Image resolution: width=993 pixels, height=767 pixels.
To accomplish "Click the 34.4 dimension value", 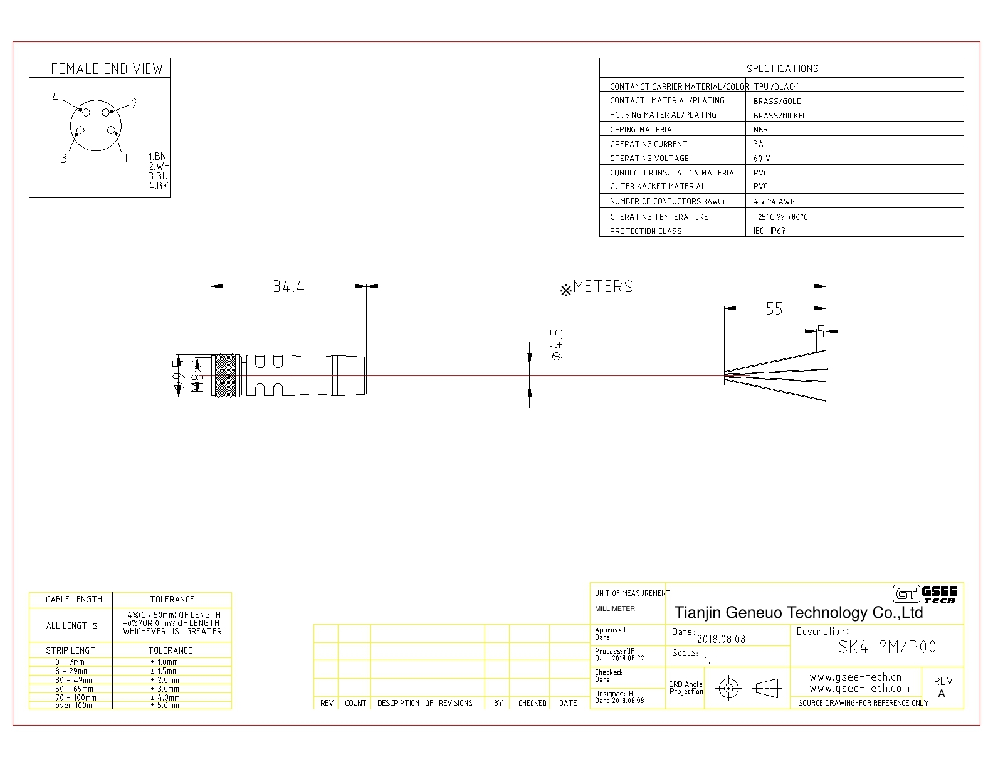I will pyautogui.click(x=288, y=287).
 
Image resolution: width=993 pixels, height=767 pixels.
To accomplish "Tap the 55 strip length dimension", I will pyautogui.click(x=775, y=308).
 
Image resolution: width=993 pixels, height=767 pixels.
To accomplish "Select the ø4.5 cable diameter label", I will pyautogui.click(x=556, y=343).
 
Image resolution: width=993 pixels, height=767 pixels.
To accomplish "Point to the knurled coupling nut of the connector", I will pyautogui.click(x=226, y=375).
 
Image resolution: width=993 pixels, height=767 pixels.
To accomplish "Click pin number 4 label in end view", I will pyautogui.click(x=55, y=97).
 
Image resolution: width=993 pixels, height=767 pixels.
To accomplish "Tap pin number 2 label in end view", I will pyautogui.click(x=134, y=104).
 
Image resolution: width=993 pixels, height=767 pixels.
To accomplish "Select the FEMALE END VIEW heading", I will pyautogui.click(x=107, y=69).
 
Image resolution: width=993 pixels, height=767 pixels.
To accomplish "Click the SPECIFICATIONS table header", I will pyautogui.click(x=782, y=68).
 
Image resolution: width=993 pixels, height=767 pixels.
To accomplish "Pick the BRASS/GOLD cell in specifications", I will pyautogui.click(x=777, y=101).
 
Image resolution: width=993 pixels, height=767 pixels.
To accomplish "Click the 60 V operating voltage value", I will pyautogui.click(x=762, y=159).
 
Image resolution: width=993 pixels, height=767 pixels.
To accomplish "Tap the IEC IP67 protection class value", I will pyautogui.click(x=769, y=231).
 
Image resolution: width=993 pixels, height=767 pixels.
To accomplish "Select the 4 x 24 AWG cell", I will pyautogui.click(x=774, y=202).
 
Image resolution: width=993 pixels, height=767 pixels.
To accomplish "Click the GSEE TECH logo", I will pyautogui.click(x=925, y=593).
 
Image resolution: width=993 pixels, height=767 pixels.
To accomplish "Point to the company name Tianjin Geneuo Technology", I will pyautogui.click(x=798, y=612).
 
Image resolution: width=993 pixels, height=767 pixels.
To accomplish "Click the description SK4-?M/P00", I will pyautogui.click(x=887, y=647).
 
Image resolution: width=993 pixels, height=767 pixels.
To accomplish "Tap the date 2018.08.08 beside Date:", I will pyautogui.click(x=721, y=639).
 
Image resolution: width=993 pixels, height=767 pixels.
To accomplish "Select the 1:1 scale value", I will pyautogui.click(x=709, y=660).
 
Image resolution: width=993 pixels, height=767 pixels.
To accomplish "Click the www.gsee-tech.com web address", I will pyautogui.click(x=859, y=688).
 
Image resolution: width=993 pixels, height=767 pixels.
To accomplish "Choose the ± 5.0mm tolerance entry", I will pyautogui.click(x=164, y=705).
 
